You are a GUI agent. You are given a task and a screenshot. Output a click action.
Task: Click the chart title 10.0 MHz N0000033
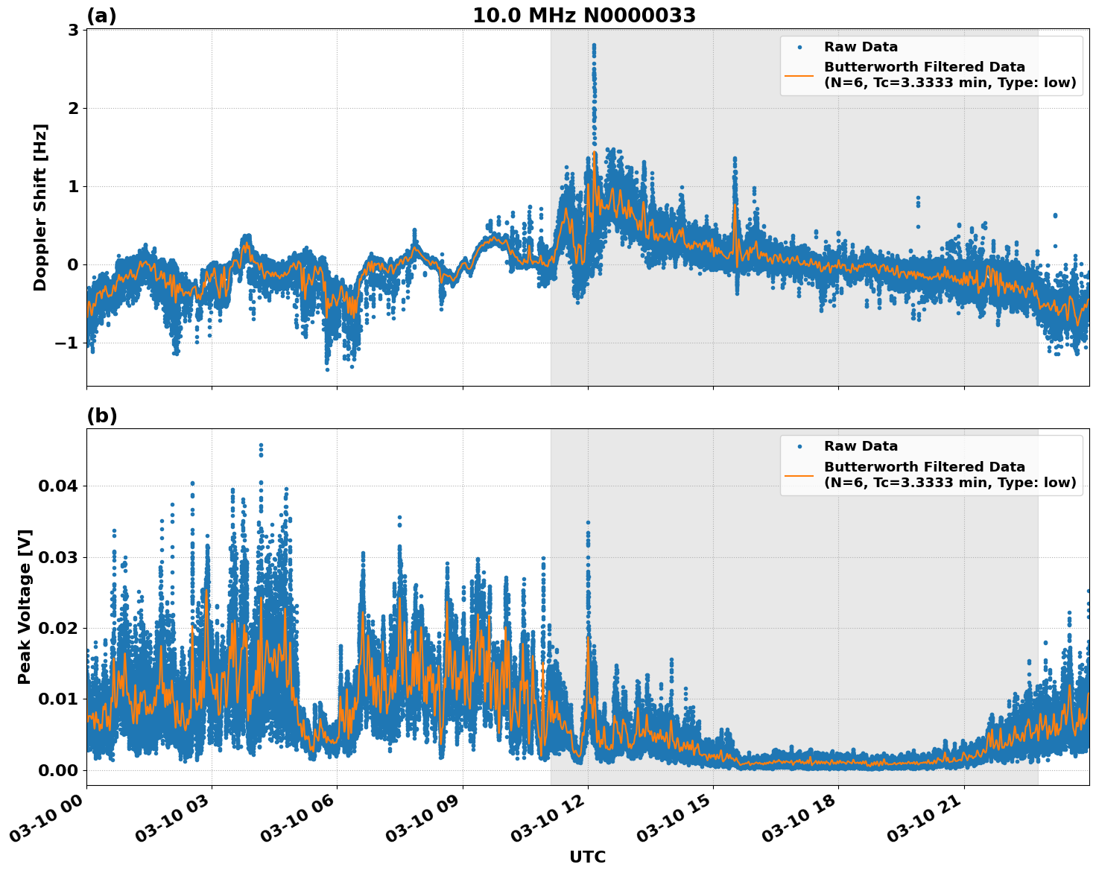point(584,16)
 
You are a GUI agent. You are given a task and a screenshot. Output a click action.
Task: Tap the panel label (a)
point(101,16)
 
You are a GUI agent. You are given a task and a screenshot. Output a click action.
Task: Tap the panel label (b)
point(101,416)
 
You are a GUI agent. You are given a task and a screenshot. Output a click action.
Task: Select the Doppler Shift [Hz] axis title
point(40,207)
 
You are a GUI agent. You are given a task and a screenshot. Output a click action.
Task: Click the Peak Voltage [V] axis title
point(25,606)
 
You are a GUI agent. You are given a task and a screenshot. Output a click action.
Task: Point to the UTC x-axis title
point(587,857)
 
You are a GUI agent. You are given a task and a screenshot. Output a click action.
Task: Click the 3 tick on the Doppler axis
point(73,30)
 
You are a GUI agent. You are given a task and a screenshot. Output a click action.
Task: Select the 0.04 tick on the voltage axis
point(57,486)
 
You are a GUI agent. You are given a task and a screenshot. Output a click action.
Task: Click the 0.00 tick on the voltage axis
point(57,769)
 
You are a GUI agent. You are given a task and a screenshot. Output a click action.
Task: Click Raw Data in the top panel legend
point(861,47)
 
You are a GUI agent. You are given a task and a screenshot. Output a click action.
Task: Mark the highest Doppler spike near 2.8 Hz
point(594,45)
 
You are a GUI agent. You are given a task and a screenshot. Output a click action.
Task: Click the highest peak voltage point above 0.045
point(261,445)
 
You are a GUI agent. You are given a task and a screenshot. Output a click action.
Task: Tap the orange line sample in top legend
point(799,74)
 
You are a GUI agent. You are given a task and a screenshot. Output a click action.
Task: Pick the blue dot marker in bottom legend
point(799,446)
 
